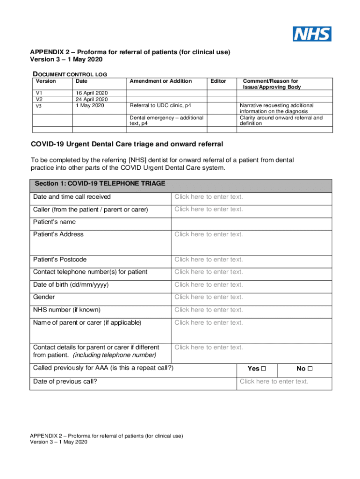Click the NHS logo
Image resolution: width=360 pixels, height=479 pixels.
point(312,34)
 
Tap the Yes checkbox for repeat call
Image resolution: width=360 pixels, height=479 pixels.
point(263,369)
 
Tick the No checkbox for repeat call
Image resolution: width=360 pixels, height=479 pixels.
point(310,369)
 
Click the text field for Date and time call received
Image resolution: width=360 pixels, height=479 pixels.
point(209,197)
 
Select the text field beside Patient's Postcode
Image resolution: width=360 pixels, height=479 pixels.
point(209,260)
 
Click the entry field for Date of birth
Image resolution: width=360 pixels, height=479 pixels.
point(209,284)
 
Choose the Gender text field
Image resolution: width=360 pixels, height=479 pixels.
point(209,297)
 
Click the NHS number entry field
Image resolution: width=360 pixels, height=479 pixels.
point(209,310)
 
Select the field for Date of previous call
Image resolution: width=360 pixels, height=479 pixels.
point(274,382)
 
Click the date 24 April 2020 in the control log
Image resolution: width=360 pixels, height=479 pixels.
point(92,99)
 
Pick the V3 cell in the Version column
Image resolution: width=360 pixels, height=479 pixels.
point(39,106)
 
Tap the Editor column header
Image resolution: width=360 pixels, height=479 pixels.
point(218,81)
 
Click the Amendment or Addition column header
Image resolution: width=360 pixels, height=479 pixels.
point(161,81)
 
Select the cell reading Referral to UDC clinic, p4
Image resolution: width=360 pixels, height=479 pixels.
point(160,106)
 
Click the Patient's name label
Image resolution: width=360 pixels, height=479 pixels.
point(54,222)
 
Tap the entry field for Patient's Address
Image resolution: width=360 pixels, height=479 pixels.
point(209,234)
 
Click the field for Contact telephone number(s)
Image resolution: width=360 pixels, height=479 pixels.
point(209,272)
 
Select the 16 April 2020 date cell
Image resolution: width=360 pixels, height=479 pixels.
point(92,93)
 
